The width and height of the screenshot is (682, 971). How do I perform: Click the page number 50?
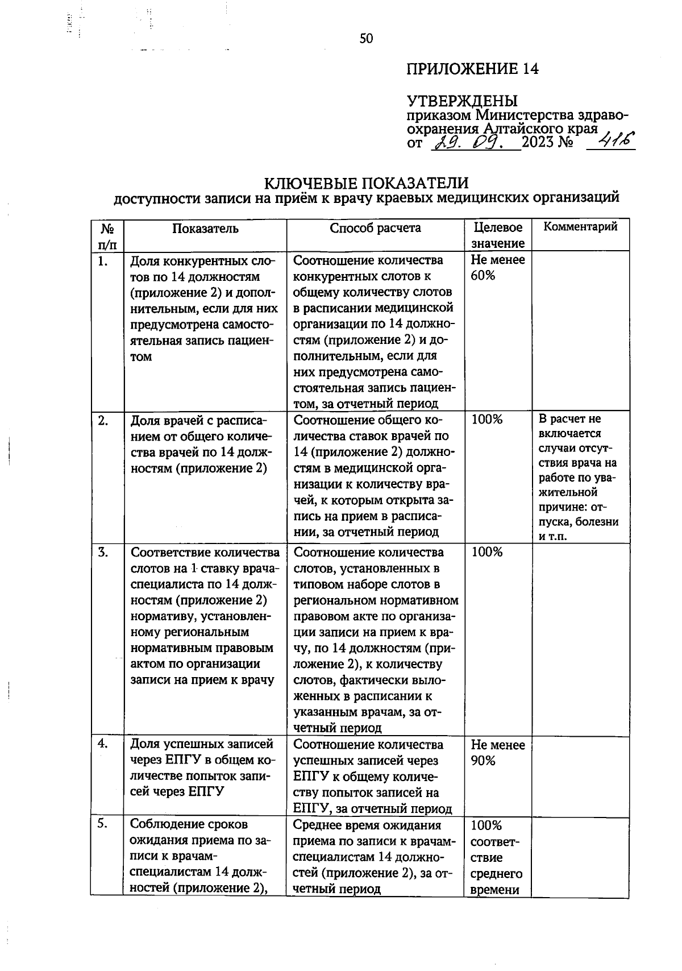click(366, 39)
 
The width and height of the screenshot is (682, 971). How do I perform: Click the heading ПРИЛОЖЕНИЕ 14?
click(472, 69)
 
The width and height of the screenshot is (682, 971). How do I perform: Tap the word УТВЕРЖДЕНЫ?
click(462, 101)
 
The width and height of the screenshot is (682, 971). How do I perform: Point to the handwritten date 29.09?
click(476, 141)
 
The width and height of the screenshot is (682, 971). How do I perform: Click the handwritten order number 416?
click(610, 140)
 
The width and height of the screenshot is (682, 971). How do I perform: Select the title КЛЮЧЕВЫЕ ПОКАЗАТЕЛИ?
click(367, 183)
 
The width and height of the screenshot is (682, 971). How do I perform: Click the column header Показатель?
click(205, 229)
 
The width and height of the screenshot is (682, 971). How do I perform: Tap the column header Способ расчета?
click(375, 228)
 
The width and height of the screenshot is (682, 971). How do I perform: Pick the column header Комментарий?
click(580, 227)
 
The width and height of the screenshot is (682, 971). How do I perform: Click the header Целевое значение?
click(498, 235)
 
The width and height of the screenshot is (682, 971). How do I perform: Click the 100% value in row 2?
click(486, 420)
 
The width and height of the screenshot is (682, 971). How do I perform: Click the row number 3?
click(103, 552)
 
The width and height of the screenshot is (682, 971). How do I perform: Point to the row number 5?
click(103, 824)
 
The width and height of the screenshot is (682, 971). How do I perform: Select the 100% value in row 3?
click(486, 552)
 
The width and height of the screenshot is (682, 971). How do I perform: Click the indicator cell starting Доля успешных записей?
click(202, 767)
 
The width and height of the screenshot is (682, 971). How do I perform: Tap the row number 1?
click(103, 261)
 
